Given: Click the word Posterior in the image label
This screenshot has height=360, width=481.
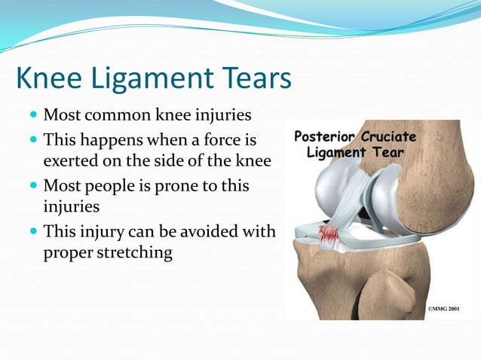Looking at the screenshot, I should click(x=325, y=138).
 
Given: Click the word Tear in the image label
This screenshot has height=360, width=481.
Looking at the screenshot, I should click(x=390, y=153).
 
